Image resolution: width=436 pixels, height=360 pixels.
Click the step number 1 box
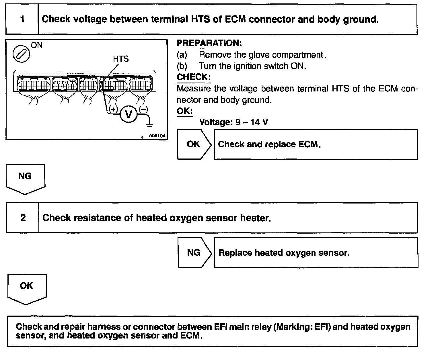coord(22,19)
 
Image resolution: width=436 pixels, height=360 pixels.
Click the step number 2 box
coord(23,218)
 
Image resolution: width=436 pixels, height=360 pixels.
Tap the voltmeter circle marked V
coord(129,114)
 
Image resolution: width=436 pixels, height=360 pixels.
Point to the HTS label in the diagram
coord(121,59)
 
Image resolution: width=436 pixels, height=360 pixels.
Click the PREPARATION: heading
coord(209,43)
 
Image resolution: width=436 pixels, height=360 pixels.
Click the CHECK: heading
coord(194,77)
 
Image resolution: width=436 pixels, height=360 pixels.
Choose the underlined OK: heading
coord(185,111)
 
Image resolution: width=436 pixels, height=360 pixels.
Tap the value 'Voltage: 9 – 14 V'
coord(233,122)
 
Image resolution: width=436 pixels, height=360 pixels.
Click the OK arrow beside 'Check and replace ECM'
coord(194,144)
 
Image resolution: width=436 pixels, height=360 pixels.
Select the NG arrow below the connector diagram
coord(25,178)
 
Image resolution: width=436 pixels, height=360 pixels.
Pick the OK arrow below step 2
coord(26,287)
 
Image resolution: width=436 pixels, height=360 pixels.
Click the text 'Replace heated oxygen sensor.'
coord(284,253)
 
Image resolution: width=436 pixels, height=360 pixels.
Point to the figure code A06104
coord(157,136)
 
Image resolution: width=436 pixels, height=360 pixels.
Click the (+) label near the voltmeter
coord(113,109)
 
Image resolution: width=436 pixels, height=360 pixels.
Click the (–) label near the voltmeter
coord(143,109)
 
